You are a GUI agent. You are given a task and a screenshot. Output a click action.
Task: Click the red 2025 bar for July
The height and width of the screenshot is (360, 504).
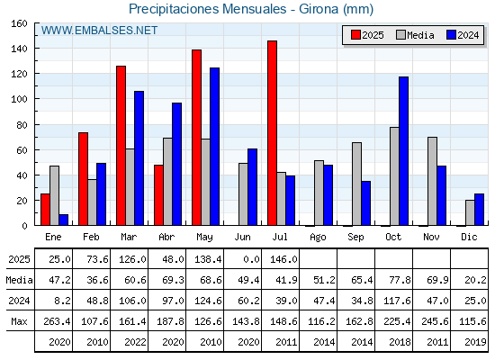pos(272,133)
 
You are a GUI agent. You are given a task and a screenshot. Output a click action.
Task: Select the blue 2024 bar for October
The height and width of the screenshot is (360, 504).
pos(404,151)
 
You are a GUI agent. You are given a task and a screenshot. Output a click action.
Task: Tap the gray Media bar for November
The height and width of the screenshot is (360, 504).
pos(432,181)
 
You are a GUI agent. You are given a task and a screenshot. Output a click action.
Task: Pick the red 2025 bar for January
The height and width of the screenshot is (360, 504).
pos(45,210)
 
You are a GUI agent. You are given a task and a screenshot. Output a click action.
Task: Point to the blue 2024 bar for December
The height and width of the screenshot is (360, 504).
pos(479,210)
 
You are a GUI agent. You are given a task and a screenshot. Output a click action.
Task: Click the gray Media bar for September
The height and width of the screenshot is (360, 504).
pos(356,184)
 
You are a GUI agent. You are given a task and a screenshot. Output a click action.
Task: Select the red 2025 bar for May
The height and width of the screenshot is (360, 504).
pos(196,138)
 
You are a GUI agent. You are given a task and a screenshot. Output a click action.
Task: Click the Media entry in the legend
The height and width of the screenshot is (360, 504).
pos(415,35)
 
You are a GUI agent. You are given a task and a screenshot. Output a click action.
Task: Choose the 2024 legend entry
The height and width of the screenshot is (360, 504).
pos(463,35)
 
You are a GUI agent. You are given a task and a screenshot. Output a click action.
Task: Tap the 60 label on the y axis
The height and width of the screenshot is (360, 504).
pos(22,150)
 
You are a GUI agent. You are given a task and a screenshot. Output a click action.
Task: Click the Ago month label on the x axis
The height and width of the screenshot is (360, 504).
pos(318,238)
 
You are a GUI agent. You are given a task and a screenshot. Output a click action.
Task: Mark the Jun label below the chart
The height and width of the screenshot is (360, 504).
pos(242,238)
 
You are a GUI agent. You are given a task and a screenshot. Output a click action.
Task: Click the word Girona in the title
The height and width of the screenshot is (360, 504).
pos(319,9)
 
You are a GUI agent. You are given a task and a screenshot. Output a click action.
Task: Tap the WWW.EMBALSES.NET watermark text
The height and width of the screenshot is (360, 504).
pos(99,31)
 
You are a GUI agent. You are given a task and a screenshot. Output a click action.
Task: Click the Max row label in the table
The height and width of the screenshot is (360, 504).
pos(19,321)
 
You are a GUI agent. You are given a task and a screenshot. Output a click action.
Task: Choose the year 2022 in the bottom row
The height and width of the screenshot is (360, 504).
pos(135,342)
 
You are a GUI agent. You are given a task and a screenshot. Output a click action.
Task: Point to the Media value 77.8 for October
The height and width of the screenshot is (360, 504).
pos(400,280)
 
